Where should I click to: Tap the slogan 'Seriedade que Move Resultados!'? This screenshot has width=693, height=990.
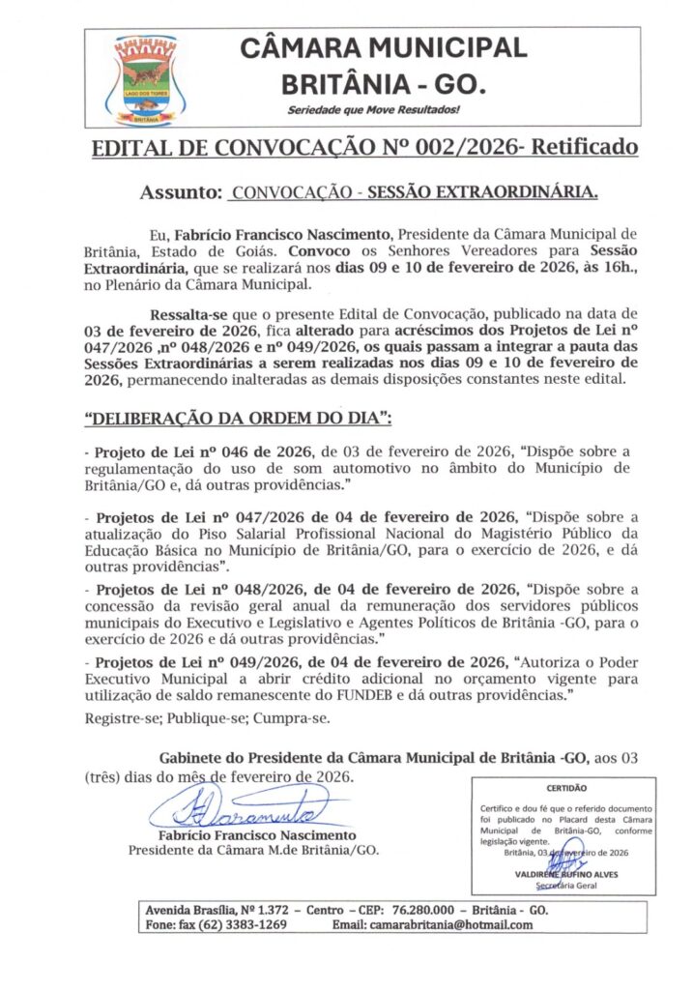(x=374, y=111)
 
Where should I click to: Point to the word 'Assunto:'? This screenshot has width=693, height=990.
(x=183, y=192)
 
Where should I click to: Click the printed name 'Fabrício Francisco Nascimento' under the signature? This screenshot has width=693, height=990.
(x=256, y=834)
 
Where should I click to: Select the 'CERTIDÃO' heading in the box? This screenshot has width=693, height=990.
(x=566, y=788)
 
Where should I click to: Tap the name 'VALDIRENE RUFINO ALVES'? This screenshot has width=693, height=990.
(x=567, y=874)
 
